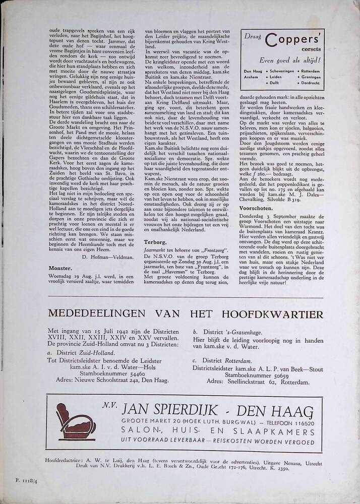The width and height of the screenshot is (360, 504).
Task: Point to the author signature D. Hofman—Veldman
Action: point(108,257)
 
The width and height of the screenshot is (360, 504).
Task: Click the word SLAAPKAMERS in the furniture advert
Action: point(275,432)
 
